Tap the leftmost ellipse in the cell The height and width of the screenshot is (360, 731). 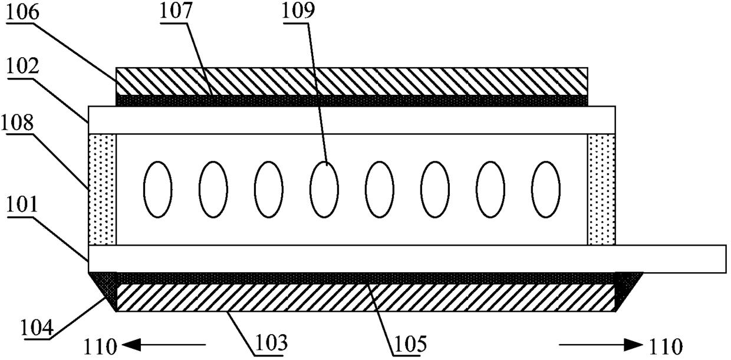click(x=158, y=189)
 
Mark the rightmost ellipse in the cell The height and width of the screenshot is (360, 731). click(x=545, y=189)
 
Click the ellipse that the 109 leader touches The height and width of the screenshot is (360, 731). click(x=324, y=189)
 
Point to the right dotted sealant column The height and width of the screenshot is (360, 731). click(x=601, y=189)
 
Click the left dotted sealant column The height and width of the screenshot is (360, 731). click(x=102, y=189)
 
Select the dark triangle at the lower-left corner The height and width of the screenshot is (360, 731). click(x=106, y=286)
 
